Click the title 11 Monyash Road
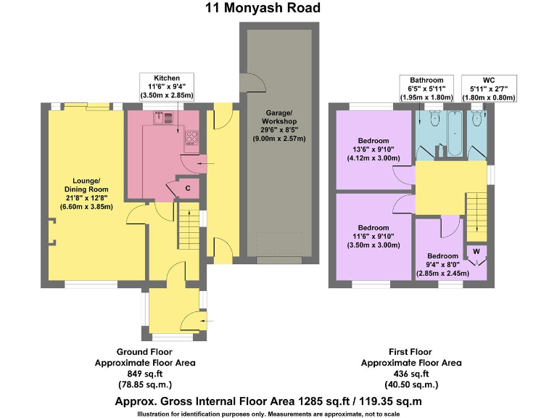coord(263,9)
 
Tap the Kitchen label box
coord(166,86)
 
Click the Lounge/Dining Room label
coord(86,193)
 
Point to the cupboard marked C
coord(187,188)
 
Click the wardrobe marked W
coord(476,252)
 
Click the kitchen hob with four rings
coord(193,136)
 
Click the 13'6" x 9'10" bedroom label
coord(373,149)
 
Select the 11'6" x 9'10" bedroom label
coord(373,237)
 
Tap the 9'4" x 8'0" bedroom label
coord(442,265)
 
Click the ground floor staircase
coord(186,226)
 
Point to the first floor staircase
coord(476,216)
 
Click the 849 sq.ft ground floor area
coord(145,373)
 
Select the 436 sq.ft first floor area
coord(410,373)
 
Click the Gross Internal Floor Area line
coord(268,401)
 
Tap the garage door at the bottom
coord(278,260)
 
